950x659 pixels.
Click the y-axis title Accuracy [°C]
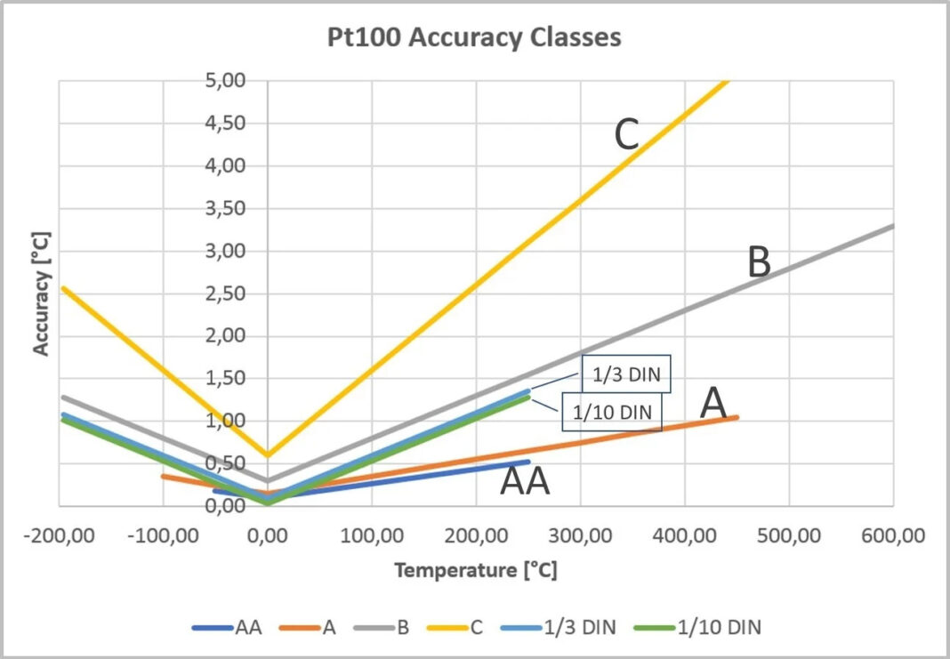pos(42,293)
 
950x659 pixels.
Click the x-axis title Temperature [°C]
pos(476,570)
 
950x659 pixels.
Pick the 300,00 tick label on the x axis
pos(580,536)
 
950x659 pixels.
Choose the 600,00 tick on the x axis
pos(892,536)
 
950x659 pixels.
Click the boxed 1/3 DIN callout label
pos(625,375)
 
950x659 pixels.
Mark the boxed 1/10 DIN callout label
pos(612,413)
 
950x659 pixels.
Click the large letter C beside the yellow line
pos(627,136)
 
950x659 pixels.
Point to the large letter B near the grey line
pos(758,263)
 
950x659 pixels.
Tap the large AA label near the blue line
pos(525,481)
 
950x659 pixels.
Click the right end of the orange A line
pos(737,417)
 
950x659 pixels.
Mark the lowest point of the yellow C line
pos(267,455)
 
